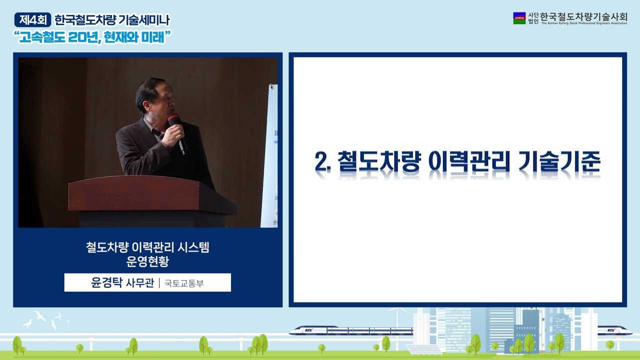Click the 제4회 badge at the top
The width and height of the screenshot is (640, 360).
(33, 20)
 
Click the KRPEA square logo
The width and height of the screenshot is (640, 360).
(519, 18)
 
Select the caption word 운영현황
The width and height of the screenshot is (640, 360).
(147, 261)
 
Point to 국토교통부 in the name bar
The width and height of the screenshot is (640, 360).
(184, 283)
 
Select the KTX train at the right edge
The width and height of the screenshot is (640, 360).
(614, 330)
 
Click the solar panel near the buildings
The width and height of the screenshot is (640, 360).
(423, 349)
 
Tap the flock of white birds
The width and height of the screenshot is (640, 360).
(47, 320)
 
